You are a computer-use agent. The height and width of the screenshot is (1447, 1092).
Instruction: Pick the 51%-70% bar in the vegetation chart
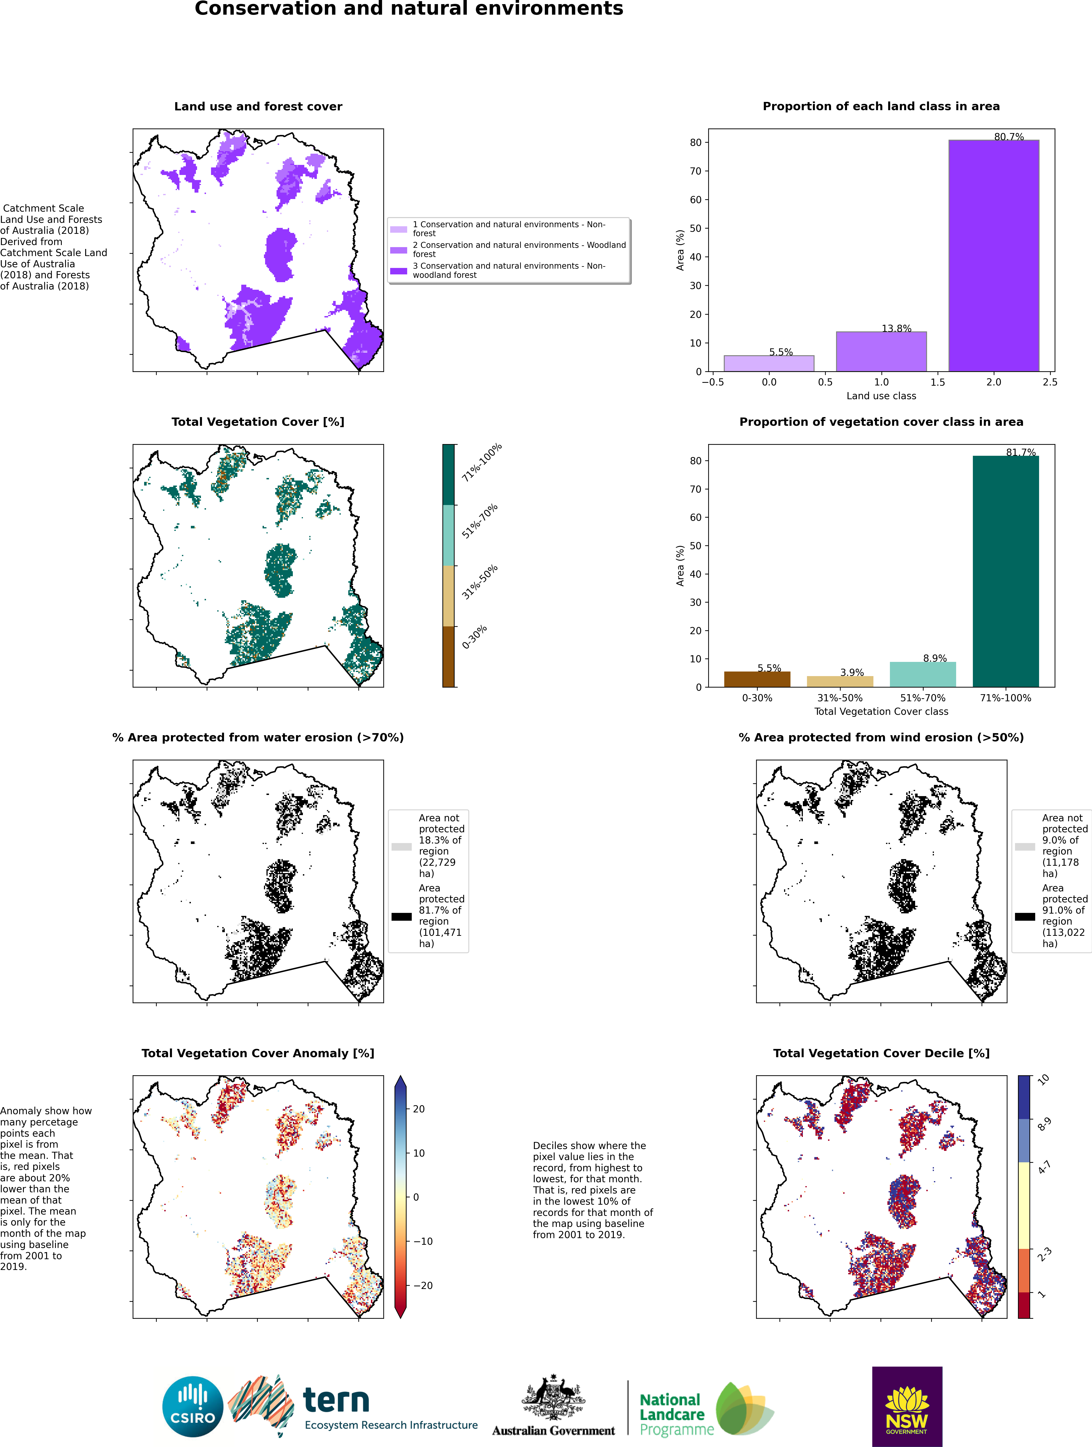coord(922,674)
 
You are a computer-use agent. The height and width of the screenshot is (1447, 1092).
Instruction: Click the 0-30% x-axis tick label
coord(757,698)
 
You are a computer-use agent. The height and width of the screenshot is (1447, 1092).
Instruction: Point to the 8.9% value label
coord(935,658)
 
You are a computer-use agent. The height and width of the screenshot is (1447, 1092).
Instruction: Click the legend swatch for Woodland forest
coord(398,250)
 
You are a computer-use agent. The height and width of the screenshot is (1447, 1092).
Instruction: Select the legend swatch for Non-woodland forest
coord(398,271)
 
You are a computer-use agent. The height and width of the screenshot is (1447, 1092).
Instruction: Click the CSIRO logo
coord(193,1406)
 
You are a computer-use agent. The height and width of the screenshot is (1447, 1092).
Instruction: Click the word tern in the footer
coord(336,1401)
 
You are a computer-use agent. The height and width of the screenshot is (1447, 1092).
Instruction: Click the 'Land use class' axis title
coord(881,396)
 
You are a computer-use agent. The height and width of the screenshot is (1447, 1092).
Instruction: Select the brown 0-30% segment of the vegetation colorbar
coord(448,657)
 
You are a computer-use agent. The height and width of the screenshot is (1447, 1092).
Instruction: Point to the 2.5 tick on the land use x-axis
coord(1049,382)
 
